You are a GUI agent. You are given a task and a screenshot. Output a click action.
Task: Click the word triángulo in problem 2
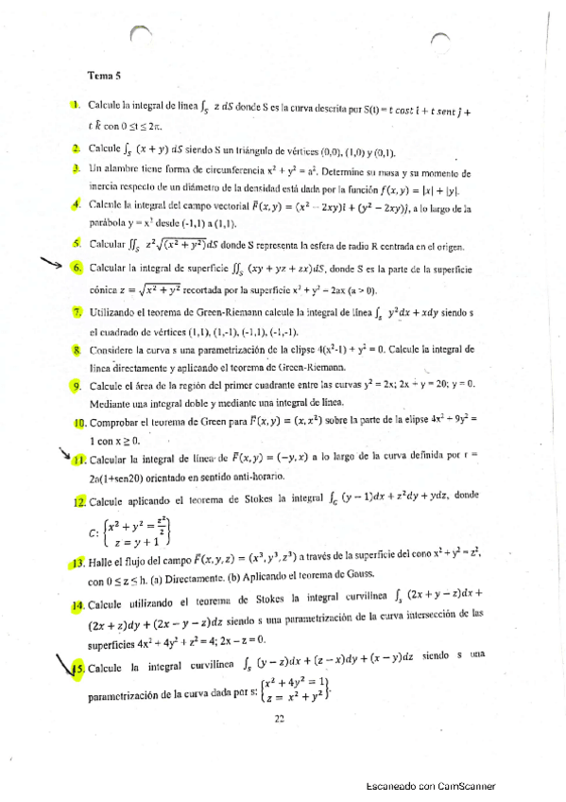click(264, 150)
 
